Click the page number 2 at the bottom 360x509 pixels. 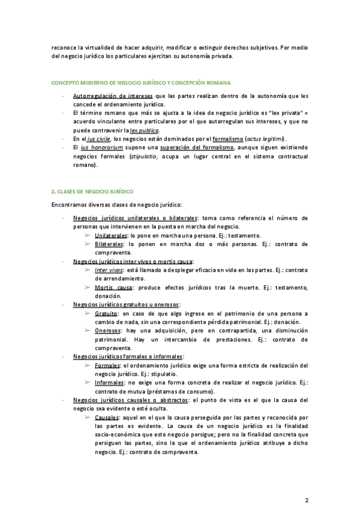pos(307,483)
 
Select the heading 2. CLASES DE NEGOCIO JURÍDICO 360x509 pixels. pos(92,191)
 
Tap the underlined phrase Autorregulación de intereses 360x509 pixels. pos(112,96)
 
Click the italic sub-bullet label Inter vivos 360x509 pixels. pos(109,270)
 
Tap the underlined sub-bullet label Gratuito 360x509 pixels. pos(106,313)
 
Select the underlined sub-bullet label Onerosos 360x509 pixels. pos(108,331)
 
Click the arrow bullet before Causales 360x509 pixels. pos(88,418)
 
